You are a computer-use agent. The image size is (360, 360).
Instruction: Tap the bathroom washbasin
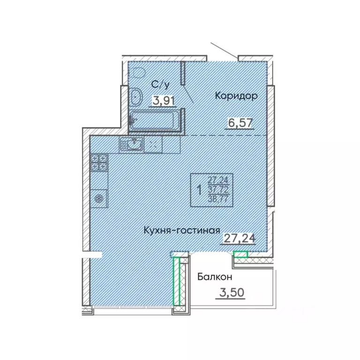(x=136, y=97)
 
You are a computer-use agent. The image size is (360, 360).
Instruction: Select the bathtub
(x=155, y=120)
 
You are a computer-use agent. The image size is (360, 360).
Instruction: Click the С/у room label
(x=159, y=84)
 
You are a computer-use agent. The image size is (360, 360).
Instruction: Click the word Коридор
(x=236, y=96)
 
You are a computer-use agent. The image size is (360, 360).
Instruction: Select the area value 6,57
(x=238, y=123)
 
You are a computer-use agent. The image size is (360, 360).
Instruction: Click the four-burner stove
(x=99, y=162)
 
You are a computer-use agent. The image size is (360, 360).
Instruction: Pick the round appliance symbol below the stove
(x=99, y=198)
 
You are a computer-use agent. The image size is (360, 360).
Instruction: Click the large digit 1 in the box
(x=200, y=190)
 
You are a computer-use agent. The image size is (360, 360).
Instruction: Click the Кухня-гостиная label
(x=182, y=231)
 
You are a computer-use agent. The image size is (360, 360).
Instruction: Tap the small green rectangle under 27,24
(x=240, y=255)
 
